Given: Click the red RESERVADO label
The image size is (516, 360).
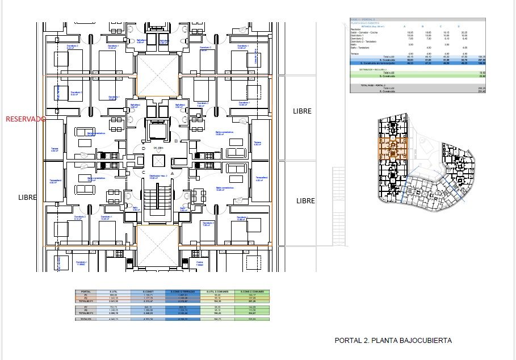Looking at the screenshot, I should pos(25,119).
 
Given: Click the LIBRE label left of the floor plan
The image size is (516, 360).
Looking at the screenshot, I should pos(27,198).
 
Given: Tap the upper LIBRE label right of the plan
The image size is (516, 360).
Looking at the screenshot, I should pos(302,111).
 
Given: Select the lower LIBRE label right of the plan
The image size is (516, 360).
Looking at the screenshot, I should pos(305,201).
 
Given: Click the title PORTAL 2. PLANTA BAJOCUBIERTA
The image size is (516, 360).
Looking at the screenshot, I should pos(393,341).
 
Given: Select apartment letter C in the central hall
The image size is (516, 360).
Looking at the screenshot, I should pos(144,173).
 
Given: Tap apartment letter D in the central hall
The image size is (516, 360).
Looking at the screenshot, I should pos(144,149).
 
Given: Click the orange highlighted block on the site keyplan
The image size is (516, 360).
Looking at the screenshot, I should pos(392,149).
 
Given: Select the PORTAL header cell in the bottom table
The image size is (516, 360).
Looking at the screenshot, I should pos(86,291).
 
